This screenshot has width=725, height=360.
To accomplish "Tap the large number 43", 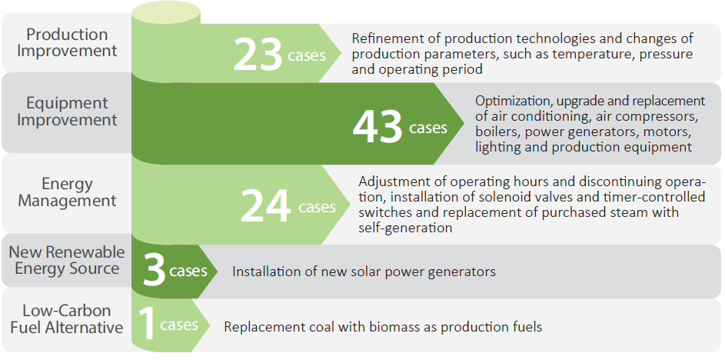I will click(x=377, y=126).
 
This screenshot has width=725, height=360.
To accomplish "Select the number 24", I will click(x=265, y=205).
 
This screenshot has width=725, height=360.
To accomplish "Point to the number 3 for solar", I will click(x=155, y=270).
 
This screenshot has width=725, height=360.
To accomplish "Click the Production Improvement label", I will click(x=67, y=43).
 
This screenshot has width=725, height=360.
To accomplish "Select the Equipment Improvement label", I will click(x=67, y=112).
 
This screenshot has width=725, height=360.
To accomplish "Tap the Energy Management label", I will click(x=67, y=192).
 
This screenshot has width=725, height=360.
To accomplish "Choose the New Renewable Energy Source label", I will click(x=67, y=260).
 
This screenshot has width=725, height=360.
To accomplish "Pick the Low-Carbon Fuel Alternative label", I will click(x=67, y=319).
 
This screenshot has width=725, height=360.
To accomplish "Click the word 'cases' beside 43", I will click(x=428, y=128).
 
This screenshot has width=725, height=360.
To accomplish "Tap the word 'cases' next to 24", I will click(x=317, y=207).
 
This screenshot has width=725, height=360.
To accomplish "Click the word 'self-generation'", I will click(x=405, y=228).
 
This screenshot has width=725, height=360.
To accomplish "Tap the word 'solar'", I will click(x=371, y=272).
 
